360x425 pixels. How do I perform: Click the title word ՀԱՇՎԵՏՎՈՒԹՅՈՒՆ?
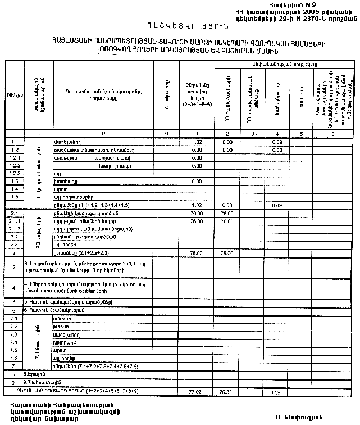point(179,25)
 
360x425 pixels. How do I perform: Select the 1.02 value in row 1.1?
point(197,142)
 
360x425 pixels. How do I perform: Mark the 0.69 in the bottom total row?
point(276,391)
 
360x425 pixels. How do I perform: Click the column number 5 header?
point(302,134)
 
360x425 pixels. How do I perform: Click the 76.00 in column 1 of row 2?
point(197,253)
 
